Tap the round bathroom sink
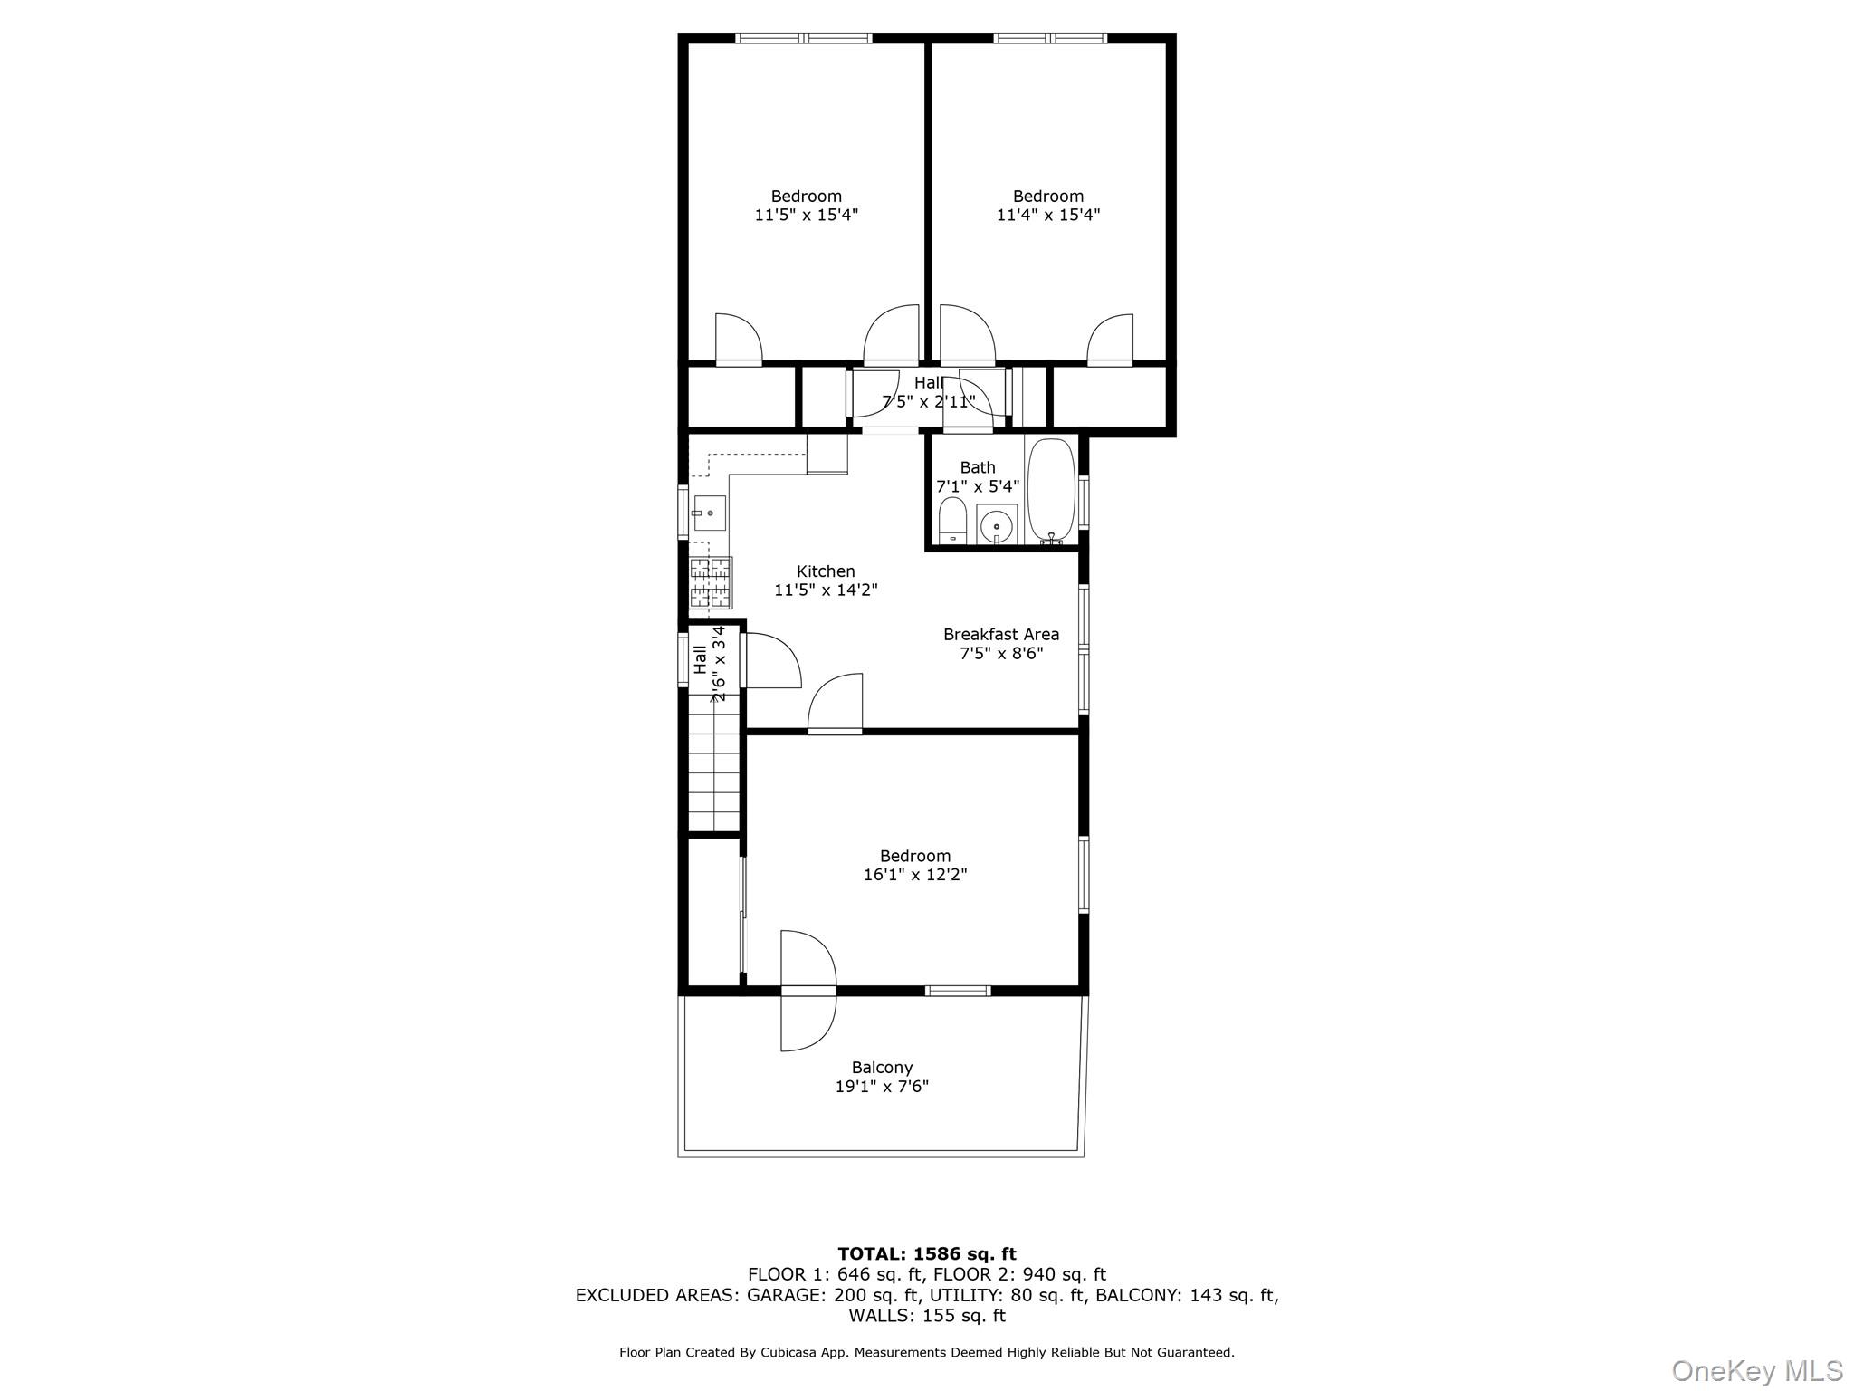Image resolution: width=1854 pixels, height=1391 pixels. click(x=997, y=525)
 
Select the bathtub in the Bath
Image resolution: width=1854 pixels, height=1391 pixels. click(x=1051, y=490)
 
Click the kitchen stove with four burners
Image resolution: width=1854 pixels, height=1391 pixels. click(x=710, y=582)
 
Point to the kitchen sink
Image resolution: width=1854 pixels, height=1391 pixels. click(x=710, y=513)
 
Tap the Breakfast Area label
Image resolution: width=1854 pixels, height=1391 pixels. click(x=1000, y=635)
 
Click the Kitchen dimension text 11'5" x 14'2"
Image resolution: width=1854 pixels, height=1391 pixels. click(x=826, y=590)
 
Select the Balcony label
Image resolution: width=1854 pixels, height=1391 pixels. click(x=882, y=1068)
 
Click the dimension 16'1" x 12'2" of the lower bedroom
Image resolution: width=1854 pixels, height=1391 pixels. click(x=915, y=875)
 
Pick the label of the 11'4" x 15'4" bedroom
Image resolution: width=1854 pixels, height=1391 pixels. click(x=1047, y=197)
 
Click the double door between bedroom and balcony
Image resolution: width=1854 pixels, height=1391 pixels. click(x=808, y=991)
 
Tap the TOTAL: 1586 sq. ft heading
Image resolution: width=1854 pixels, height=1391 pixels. click(x=926, y=1254)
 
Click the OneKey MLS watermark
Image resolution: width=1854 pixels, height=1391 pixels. click(x=1756, y=1371)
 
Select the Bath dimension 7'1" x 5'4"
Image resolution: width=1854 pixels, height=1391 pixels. click(x=977, y=486)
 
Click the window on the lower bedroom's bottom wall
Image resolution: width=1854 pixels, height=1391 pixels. click(x=958, y=991)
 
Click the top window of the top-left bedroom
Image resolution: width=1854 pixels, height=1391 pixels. click(x=803, y=38)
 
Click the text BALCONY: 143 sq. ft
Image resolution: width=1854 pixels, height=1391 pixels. click(x=1186, y=1295)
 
